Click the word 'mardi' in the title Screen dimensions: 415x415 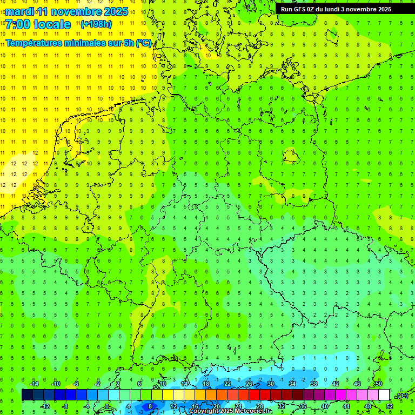tap(19, 11)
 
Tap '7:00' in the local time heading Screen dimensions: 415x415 tap(18, 24)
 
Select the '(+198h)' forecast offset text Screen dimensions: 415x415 tap(96, 24)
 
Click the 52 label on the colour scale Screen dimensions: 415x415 tap(390, 406)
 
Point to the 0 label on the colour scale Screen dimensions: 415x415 tap(108, 406)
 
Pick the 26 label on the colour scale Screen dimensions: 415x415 tap(249, 384)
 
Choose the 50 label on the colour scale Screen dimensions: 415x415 tap(378, 384)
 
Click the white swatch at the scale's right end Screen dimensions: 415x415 tap(384, 395)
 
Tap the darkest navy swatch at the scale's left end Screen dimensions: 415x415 tap(27, 395)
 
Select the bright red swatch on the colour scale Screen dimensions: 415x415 tap(255, 395)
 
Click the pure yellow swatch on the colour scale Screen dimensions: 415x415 tap(190, 395)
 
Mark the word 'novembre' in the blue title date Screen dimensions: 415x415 tap(78, 11)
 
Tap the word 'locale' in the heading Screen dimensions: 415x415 tap(52, 24)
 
